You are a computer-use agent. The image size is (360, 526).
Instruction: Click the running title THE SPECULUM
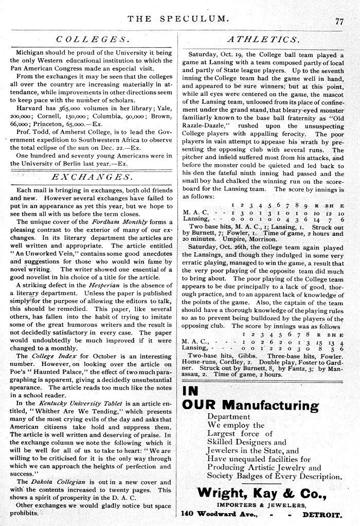click(x=177, y=20)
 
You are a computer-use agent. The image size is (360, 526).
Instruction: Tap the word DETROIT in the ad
click(x=321, y=514)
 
